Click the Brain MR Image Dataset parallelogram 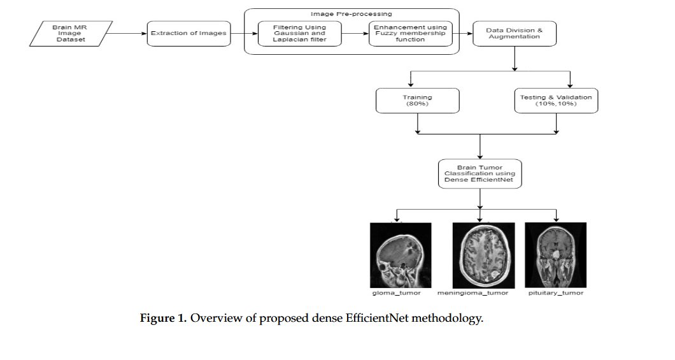[x=71, y=33]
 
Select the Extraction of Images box [x=188, y=33]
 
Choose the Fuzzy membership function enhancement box [x=411, y=33]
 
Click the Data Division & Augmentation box [x=515, y=33]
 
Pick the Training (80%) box [x=417, y=101]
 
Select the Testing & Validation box [x=556, y=101]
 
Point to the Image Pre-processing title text [x=352, y=13]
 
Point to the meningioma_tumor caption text [x=473, y=293]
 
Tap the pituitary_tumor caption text [x=556, y=293]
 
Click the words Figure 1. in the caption [x=163, y=319]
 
